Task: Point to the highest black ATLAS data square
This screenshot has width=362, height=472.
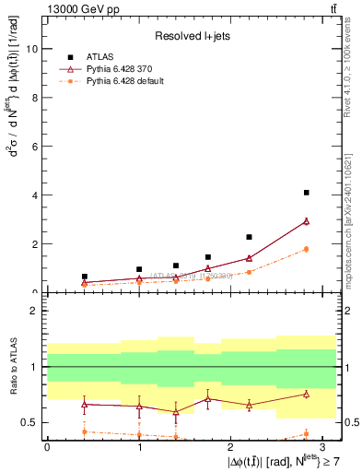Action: (306, 193)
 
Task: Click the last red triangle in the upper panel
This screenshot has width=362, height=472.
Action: (306, 221)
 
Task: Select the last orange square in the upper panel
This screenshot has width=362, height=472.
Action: (306, 249)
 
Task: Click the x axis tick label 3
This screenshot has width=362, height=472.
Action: (324, 445)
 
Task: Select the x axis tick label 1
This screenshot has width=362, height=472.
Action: (139, 445)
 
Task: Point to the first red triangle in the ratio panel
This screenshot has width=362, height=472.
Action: (85, 404)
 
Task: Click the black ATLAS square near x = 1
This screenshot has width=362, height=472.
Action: (139, 269)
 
